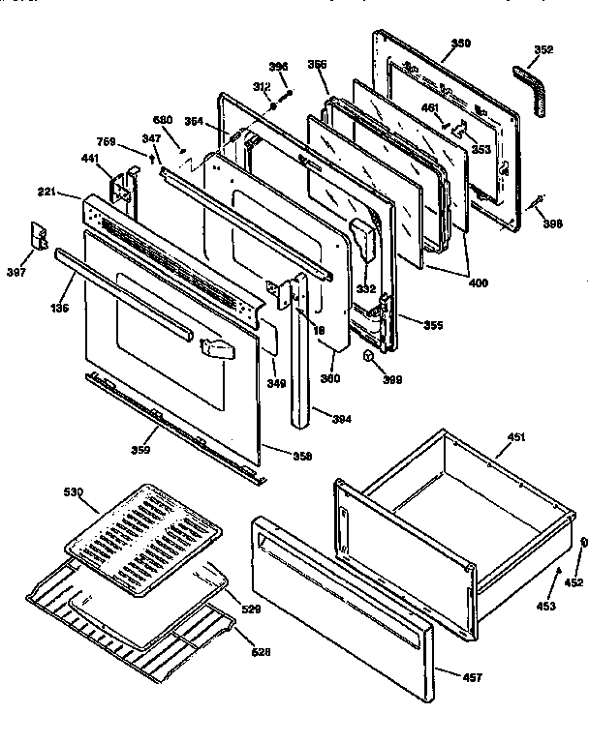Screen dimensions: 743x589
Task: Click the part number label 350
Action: (461, 44)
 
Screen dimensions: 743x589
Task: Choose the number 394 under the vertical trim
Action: (340, 419)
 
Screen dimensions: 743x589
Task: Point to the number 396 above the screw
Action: (278, 66)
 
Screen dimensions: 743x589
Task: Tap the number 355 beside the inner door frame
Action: (433, 325)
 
